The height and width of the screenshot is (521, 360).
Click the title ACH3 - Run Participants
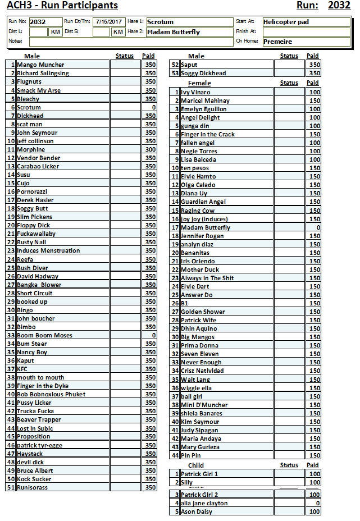point(62,6)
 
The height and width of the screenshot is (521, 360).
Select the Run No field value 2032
point(38,22)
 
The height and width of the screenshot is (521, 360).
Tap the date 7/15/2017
point(109,22)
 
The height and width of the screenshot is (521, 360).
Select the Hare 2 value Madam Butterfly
point(174,32)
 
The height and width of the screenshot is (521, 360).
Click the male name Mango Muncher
point(40,65)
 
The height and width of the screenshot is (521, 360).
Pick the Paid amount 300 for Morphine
point(150,149)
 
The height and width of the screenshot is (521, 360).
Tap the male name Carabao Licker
point(38,166)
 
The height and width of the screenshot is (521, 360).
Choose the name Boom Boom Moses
point(44,335)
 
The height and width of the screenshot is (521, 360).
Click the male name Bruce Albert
point(35,470)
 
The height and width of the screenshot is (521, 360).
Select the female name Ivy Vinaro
point(195,92)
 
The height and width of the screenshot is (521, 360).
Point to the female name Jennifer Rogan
point(202,236)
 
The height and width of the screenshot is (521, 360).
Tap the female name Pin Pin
point(190,455)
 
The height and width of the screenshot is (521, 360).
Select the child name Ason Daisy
point(197,511)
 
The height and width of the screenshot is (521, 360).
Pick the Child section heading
point(196,465)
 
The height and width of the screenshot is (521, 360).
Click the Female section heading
point(199,83)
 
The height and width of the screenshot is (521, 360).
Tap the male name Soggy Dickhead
point(203,73)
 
